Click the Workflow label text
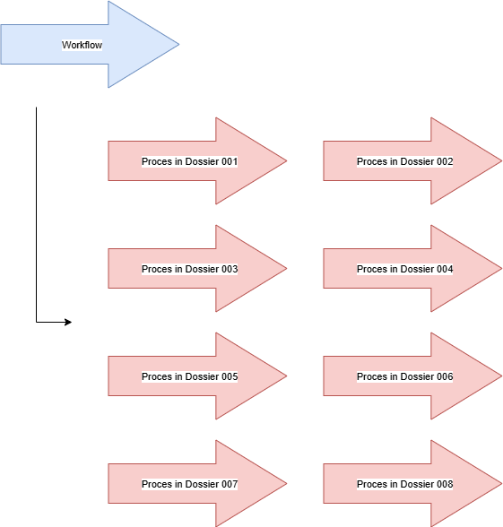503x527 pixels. point(82,45)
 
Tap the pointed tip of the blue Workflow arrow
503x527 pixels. point(179,44)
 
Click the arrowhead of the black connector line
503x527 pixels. point(68,322)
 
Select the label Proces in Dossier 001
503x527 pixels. point(190,161)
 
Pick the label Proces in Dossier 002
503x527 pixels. point(405,161)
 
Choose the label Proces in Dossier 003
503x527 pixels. point(190,269)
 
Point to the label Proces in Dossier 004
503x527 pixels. point(405,269)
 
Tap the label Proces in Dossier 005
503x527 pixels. point(190,376)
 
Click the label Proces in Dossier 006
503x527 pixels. point(405,376)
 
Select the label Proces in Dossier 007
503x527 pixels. point(190,484)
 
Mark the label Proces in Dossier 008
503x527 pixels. point(405,484)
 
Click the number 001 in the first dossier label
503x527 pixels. point(230,161)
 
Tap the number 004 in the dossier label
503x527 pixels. point(445,269)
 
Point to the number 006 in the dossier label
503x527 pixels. point(445,376)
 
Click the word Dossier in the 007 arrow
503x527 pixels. point(202,484)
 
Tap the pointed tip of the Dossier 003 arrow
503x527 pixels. point(287,269)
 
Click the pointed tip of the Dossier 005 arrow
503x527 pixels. point(287,376)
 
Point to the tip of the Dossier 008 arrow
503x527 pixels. point(502,484)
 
